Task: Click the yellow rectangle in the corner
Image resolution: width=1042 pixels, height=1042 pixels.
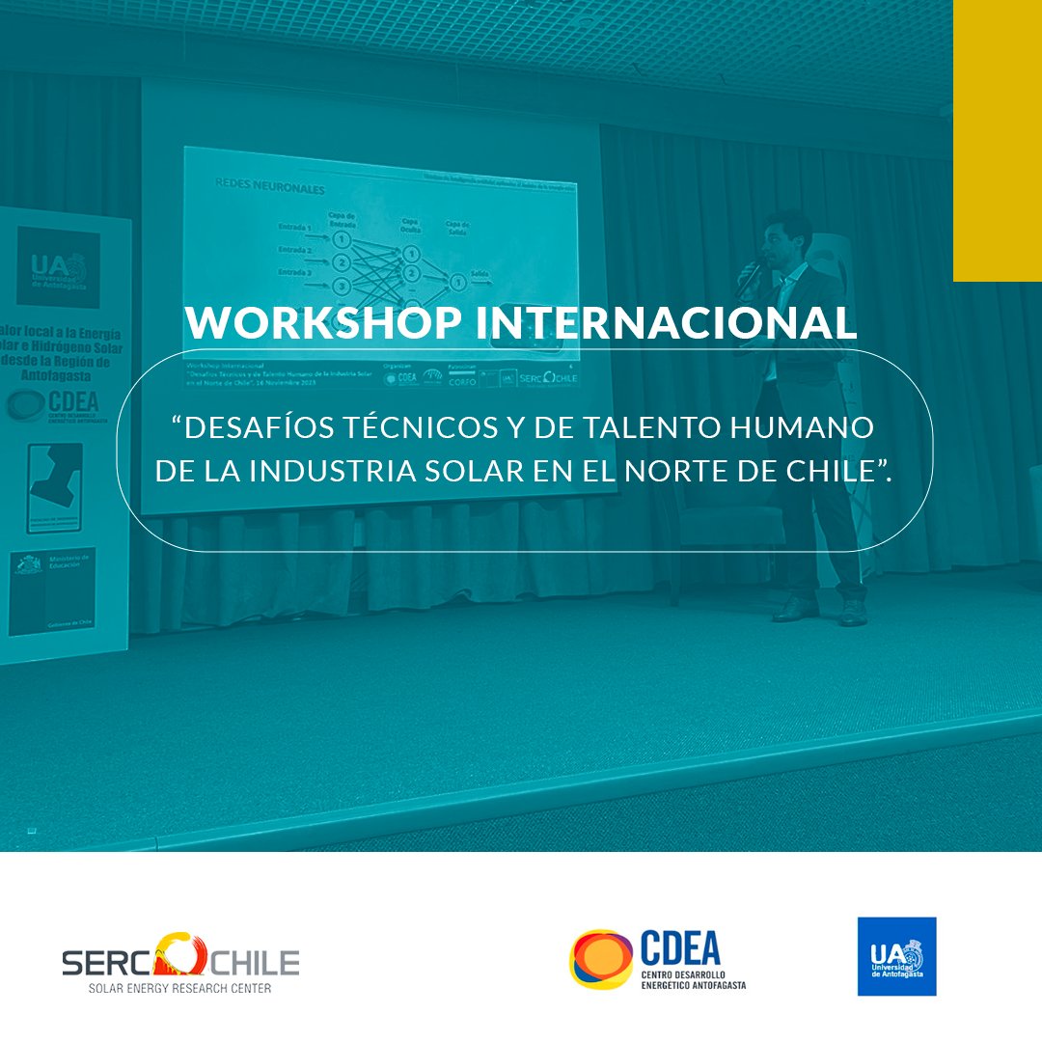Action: (x=997, y=141)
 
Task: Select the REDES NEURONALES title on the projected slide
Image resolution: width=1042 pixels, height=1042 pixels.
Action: (x=260, y=189)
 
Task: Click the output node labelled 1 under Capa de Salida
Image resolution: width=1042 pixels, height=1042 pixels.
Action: (x=458, y=282)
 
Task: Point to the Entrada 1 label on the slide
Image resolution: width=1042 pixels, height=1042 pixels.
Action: (x=293, y=228)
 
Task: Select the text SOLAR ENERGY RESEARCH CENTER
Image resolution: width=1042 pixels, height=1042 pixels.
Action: (x=179, y=989)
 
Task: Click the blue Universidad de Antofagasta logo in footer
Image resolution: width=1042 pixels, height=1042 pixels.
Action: (x=896, y=956)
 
